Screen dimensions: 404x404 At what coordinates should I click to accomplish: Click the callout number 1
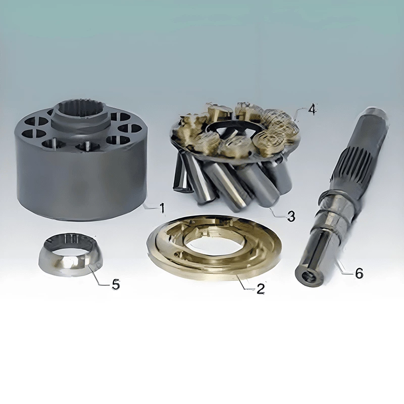point(162,208)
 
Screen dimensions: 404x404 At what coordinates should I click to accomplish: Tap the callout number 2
point(261,289)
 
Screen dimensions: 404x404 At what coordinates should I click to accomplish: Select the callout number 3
point(291,216)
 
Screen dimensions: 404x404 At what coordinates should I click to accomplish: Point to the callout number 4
point(312,109)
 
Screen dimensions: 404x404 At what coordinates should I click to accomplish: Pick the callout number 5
point(116,284)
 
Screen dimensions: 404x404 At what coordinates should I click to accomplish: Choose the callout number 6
point(359,273)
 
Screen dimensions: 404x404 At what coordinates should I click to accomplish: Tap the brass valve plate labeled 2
point(214,247)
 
